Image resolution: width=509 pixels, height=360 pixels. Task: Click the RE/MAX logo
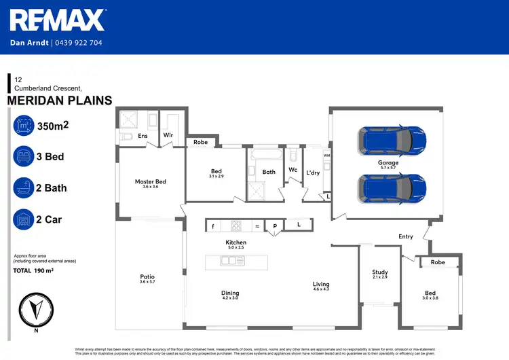pos(57,20)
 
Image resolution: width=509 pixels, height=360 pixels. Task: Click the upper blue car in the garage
pos(393,139)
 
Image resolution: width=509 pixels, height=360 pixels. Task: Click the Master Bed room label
pos(150,181)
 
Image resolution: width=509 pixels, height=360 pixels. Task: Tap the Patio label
pos(147,276)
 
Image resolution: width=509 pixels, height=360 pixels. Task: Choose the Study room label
pos(379,272)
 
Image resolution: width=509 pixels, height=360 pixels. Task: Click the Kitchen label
pos(236,242)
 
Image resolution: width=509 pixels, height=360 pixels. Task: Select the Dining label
pos(230,293)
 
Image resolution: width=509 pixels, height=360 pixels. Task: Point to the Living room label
pos(321,284)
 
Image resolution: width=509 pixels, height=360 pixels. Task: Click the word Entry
pos(406,236)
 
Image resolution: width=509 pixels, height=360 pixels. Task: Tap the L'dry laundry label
pos(313,173)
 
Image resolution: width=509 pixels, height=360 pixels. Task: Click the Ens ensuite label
pos(143,136)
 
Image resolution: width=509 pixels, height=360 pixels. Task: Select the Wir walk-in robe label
pos(167,136)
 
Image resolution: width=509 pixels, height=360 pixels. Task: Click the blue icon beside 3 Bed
pos(24,156)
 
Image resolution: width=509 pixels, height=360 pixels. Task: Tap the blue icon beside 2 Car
pos(24,219)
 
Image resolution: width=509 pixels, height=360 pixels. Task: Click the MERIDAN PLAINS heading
pos(60,101)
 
